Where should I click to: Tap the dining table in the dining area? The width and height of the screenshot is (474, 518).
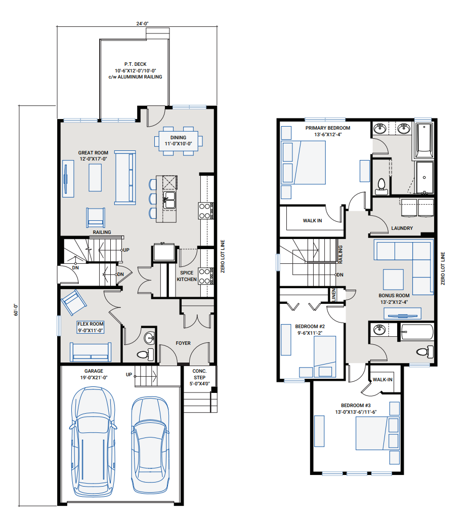pyautogui.click(x=178, y=141)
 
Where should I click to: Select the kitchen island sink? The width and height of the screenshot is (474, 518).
pyautogui.click(x=169, y=200)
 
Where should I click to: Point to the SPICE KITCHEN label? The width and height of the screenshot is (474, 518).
pyautogui.click(x=187, y=276)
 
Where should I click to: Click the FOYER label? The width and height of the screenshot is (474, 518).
pyautogui.click(x=183, y=343)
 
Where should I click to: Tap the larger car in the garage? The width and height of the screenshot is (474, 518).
pyautogui.click(x=93, y=442)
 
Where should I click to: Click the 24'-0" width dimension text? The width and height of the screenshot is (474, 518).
pyautogui.click(x=142, y=23)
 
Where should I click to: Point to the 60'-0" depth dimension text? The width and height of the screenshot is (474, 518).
pyautogui.click(x=16, y=310)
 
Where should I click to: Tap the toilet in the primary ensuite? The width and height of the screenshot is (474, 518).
pyautogui.click(x=381, y=187)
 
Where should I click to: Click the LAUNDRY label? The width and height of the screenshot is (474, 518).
pyautogui.click(x=402, y=228)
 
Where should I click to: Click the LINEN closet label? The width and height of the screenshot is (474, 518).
pyautogui.click(x=334, y=295)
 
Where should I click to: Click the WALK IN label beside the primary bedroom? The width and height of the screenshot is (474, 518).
pyautogui.click(x=312, y=221)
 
